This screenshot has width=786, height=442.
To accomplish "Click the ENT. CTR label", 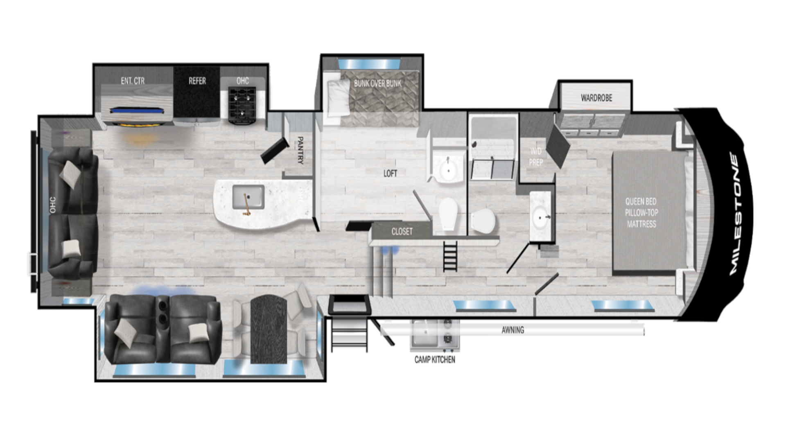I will click(x=133, y=81).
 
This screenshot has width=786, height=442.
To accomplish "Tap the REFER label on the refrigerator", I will click(x=197, y=81).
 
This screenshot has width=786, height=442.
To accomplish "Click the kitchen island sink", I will click(x=248, y=197).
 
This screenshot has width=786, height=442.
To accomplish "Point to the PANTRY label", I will click(x=300, y=151).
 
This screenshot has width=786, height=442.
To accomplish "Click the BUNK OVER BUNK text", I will click(x=377, y=83).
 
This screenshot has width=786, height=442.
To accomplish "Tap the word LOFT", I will click(x=390, y=174).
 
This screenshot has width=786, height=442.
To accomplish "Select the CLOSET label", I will click(x=402, y=232).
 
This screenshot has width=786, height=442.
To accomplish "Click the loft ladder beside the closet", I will click(x=450, y=256).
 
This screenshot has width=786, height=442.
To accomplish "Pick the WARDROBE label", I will click(x=596, y=98).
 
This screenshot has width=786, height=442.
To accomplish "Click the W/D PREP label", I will click(x=535, y=157).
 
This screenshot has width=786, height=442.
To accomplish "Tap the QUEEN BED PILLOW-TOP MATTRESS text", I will click(x=641, y=213).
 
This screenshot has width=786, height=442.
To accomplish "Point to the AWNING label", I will click(x=513, y=330).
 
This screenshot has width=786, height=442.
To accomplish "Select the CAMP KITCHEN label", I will click(x=434, y=360).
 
